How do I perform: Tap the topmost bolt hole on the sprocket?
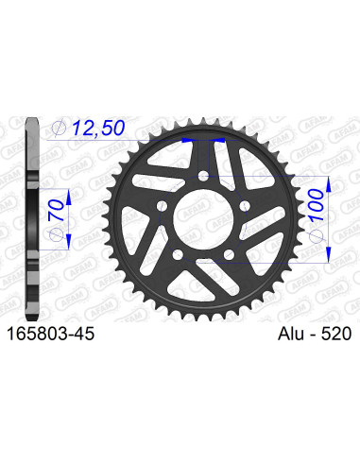[x=208, y=176]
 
